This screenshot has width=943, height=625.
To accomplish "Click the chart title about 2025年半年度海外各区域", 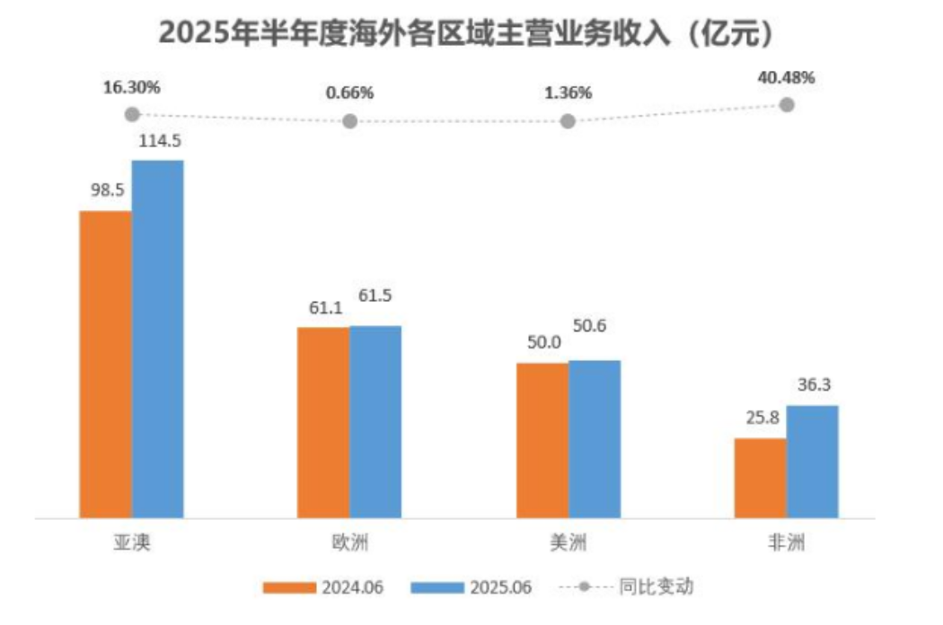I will point(466,33).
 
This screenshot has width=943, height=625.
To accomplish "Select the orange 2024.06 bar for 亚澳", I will point(105,364).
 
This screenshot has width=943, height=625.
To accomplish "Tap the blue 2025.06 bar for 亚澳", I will point(157,339).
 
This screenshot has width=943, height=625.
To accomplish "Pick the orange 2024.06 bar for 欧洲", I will point(323,422).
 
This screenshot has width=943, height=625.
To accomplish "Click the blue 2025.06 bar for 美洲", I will point(594,439).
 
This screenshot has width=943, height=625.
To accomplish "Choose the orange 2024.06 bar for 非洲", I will point(760,478).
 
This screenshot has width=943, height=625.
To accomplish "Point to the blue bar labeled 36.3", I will point(812,462).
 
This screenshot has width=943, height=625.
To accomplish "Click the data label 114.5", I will point(158,141).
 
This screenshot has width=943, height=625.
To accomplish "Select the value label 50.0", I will point(542,342).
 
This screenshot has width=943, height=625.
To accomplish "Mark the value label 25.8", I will point(761,418).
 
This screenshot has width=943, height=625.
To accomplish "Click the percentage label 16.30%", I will point(131,88).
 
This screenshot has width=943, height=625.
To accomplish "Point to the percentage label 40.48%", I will point(786,78).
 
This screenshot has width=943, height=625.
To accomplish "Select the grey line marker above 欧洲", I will point(350,121).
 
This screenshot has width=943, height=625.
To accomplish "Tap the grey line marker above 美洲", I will point(568,121).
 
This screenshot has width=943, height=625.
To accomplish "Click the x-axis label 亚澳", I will point(130,544).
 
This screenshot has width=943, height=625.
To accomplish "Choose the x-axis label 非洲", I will point(786,544).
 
